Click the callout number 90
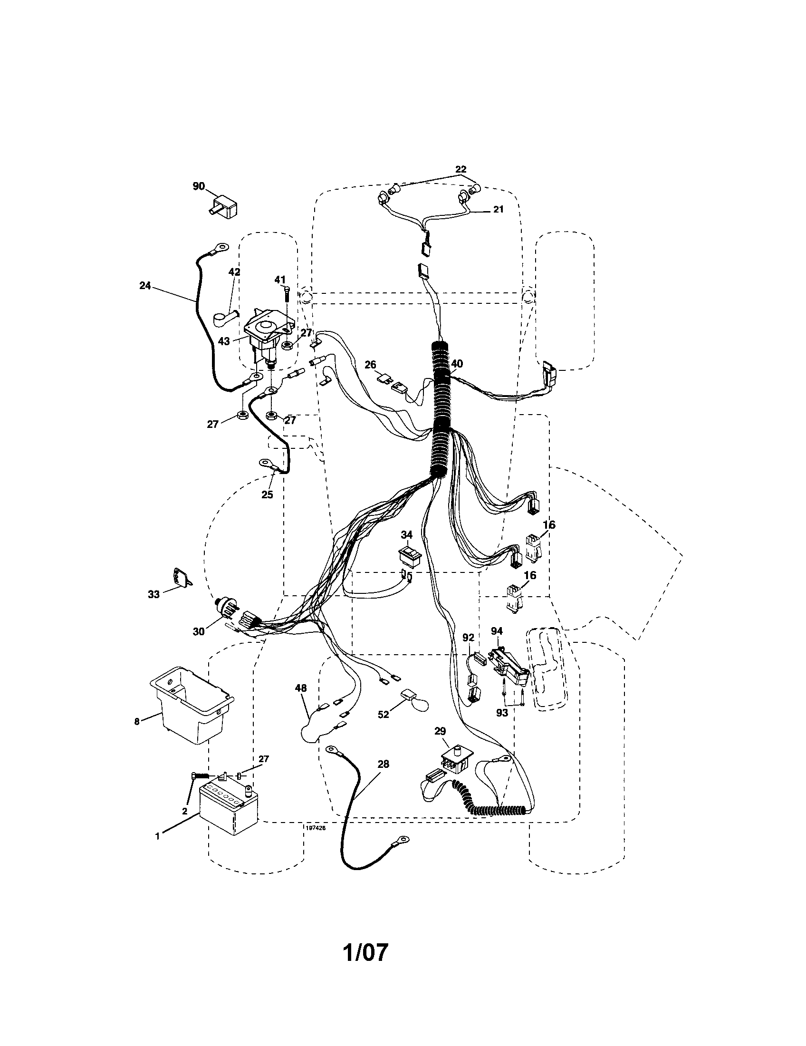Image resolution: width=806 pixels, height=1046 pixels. (x=198, y=186)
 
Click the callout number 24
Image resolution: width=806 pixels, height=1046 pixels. (x=144, y=285)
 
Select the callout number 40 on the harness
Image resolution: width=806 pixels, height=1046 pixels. (x=457, y=364)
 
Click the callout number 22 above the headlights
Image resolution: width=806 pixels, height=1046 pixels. (x=460, y=169)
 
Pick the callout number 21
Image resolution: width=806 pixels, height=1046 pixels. (x=498, y=209)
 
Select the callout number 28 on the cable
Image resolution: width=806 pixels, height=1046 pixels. (x=383, y=764)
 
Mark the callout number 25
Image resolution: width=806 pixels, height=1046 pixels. (x=267, y=494)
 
